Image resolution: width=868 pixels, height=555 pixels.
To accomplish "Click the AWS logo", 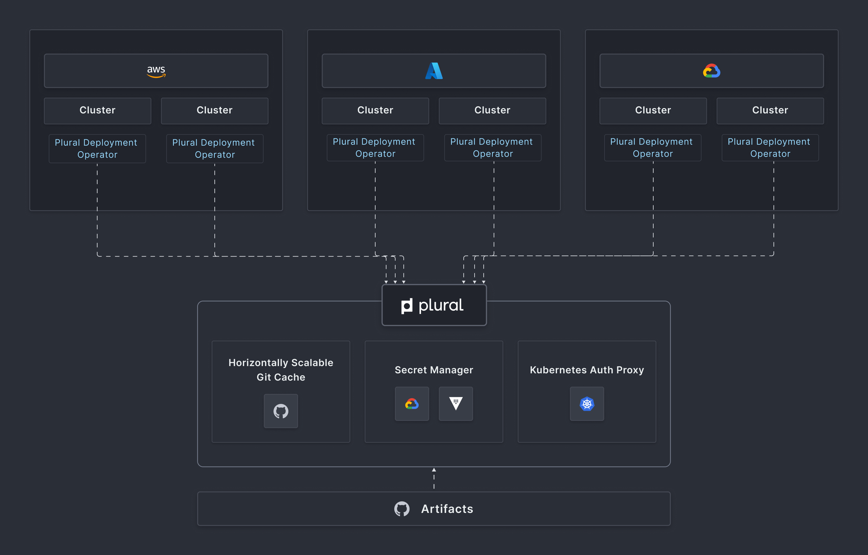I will coord(156,71).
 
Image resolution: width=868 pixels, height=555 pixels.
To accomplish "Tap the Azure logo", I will coord(434,71).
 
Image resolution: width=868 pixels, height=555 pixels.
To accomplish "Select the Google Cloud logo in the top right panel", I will coord(711,71).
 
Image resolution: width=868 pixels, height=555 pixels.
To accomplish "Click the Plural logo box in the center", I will coord(434,305).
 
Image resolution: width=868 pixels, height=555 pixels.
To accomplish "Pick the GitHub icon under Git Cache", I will coord(281,411).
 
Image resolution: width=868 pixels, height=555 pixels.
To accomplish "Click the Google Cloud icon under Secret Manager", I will coord(412,404).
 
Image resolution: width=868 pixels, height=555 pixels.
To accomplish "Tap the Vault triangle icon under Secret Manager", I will coord(456,404).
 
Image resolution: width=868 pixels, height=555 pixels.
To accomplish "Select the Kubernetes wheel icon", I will coord(587,404).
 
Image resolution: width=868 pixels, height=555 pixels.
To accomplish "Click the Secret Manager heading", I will coord(434,370).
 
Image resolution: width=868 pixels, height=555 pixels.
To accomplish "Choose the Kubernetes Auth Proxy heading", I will coord(587,370).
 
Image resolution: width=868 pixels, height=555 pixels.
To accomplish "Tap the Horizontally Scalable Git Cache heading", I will coord(281,370).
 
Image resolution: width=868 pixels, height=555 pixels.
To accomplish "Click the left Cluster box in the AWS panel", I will coord(97,111).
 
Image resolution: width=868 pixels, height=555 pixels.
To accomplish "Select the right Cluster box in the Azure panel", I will coord(492,111).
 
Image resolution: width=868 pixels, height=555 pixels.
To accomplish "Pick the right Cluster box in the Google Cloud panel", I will coord(770,111).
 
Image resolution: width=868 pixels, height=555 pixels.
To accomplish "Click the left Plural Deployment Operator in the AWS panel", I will coord(97,148).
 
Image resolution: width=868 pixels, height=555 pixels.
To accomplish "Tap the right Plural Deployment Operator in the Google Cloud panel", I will coord(770,148).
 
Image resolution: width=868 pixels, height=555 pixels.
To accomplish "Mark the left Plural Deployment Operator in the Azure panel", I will coord(375,148).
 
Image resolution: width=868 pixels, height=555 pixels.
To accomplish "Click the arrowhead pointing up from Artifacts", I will coord(434,470).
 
